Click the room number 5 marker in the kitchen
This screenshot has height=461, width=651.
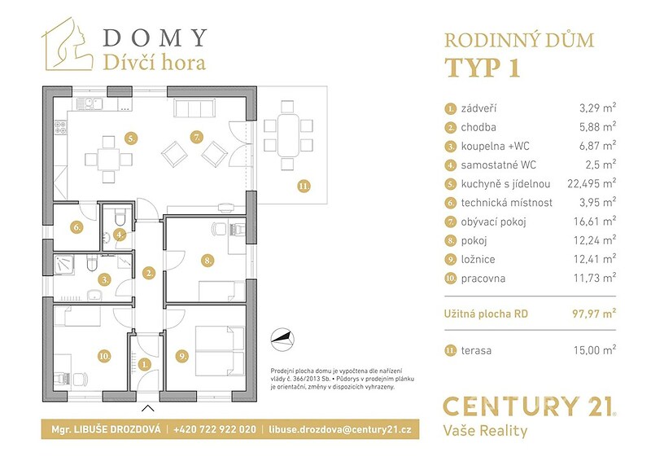(x=131, y=138)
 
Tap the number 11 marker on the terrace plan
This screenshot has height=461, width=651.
(x=304, y=186)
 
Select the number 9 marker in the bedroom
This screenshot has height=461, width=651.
(x=181, y=356)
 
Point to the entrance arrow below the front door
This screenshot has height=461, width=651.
(x=148, y=408)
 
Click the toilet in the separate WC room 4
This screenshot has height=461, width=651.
(x=120, y=217)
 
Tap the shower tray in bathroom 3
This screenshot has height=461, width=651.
(x=64, y=265)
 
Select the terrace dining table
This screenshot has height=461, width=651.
(x=287, y=135)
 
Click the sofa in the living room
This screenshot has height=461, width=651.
(x=194, y=109)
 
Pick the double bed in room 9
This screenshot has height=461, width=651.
(x=220, y=351)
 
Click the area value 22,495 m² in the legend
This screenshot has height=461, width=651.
(x=592, y=183)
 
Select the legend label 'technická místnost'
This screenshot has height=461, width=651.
(x=506, y=203)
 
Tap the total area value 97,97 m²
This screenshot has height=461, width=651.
(x=594, y=313)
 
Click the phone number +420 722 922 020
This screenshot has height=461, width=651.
(x=215, y=429)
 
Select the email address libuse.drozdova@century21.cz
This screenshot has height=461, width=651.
(x=340, y=429)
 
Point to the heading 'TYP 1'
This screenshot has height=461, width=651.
(x=482, y=68)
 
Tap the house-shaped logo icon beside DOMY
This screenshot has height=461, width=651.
(x=67, y=44)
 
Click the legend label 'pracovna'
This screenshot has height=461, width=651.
(x=483, y=279)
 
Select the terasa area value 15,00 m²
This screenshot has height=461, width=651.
(x=595, y=350)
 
